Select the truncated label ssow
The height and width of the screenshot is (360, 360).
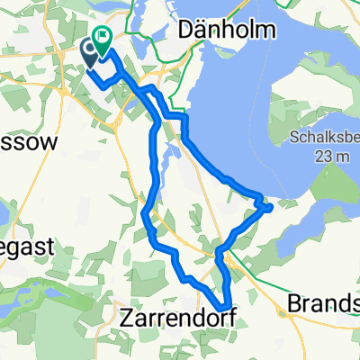pos(29,142)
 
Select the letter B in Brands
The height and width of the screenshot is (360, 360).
pos(292,304)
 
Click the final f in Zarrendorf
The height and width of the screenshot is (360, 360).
pos(215,315)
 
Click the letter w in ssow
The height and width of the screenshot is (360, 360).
pos(48,142)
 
